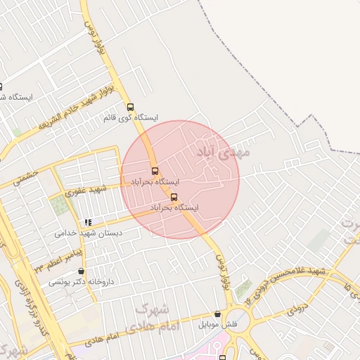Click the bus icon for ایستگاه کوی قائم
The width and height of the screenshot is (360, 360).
point(130,107)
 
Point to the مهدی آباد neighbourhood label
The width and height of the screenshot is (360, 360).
point(219,150)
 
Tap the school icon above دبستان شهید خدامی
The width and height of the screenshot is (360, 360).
point(88,222)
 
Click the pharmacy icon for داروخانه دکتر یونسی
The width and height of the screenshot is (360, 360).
point(82,271)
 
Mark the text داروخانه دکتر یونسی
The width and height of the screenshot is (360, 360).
point(81,282)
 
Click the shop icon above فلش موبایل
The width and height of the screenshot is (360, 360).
point(217,314)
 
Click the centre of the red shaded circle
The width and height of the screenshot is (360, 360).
point(180,179)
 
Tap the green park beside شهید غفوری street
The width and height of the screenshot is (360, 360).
point(59,206)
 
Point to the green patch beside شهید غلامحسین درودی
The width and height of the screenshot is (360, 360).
point(243,288)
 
